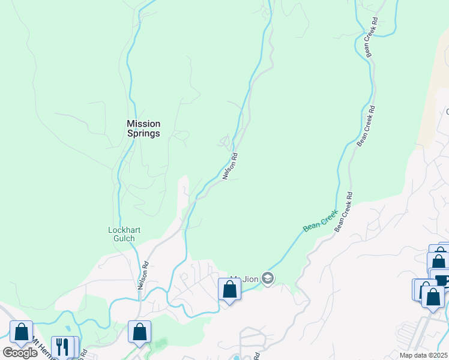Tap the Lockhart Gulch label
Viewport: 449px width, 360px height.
click(x=122, y=233)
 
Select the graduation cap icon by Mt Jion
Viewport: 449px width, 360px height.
click(x=268, y=278)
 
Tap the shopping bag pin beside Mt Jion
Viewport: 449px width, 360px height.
click(x=229, y=290)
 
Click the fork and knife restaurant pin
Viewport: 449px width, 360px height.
click(x=62, y=346)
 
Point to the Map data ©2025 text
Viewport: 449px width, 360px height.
click(x=423, y=355)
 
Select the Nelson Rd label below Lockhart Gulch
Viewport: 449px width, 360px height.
click(x=143, y=275)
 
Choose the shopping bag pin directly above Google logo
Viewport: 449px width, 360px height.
click(x=22, y=332)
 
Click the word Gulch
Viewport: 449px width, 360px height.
click(x=122, y=238)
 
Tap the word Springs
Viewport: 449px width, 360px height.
click(x=143, y=133)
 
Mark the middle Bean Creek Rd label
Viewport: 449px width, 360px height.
click(x=366, y=126)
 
